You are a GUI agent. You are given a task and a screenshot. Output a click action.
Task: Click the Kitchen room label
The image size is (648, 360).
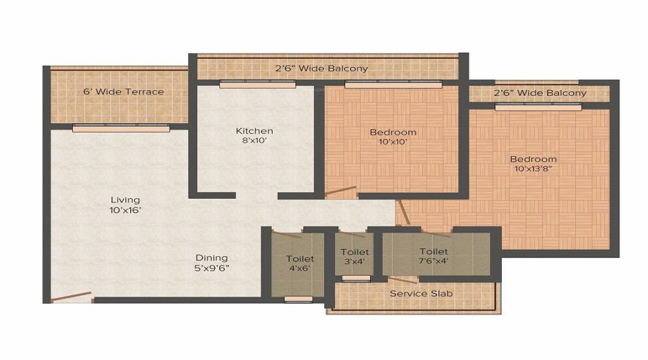click(x=254, y=131)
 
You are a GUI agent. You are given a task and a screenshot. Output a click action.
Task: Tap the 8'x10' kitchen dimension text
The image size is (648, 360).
click(x=254, y=142)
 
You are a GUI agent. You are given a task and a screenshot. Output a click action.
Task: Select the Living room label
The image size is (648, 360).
click(x=125, y=199)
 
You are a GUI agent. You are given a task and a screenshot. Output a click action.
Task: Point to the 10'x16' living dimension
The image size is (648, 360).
click(x=125, y=210)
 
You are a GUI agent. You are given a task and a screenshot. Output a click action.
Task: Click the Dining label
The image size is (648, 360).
click(x=211, y=258)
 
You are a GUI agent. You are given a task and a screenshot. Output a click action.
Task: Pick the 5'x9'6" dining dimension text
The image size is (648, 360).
click(x=211, y=269)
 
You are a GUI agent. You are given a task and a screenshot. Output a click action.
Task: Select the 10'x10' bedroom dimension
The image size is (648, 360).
click(x=393, y=143)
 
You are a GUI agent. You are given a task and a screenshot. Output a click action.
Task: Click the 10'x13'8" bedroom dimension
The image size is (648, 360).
click(x=534, y=170)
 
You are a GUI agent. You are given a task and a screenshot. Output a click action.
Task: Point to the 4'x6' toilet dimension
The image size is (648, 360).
click(x=300, y=269)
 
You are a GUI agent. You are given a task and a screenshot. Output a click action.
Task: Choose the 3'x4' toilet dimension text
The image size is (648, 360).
click(x=355, y=263)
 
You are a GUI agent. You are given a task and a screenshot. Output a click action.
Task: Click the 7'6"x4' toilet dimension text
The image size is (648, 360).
click(x=433, y=262)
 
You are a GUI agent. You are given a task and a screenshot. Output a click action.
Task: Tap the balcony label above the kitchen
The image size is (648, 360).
click(x=321, y=69)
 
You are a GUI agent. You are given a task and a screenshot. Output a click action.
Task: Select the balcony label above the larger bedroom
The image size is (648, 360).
click(x=539, y=93)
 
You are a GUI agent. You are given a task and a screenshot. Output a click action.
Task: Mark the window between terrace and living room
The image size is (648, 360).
click(x=121, y=128)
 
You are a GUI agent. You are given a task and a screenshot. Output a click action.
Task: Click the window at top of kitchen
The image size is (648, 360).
click(x=257, y=84)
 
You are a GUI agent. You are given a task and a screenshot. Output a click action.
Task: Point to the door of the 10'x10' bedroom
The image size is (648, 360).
click(x=341, y=192)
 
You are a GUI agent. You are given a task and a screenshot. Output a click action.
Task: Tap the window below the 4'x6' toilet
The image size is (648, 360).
click(x=298, y=299)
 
